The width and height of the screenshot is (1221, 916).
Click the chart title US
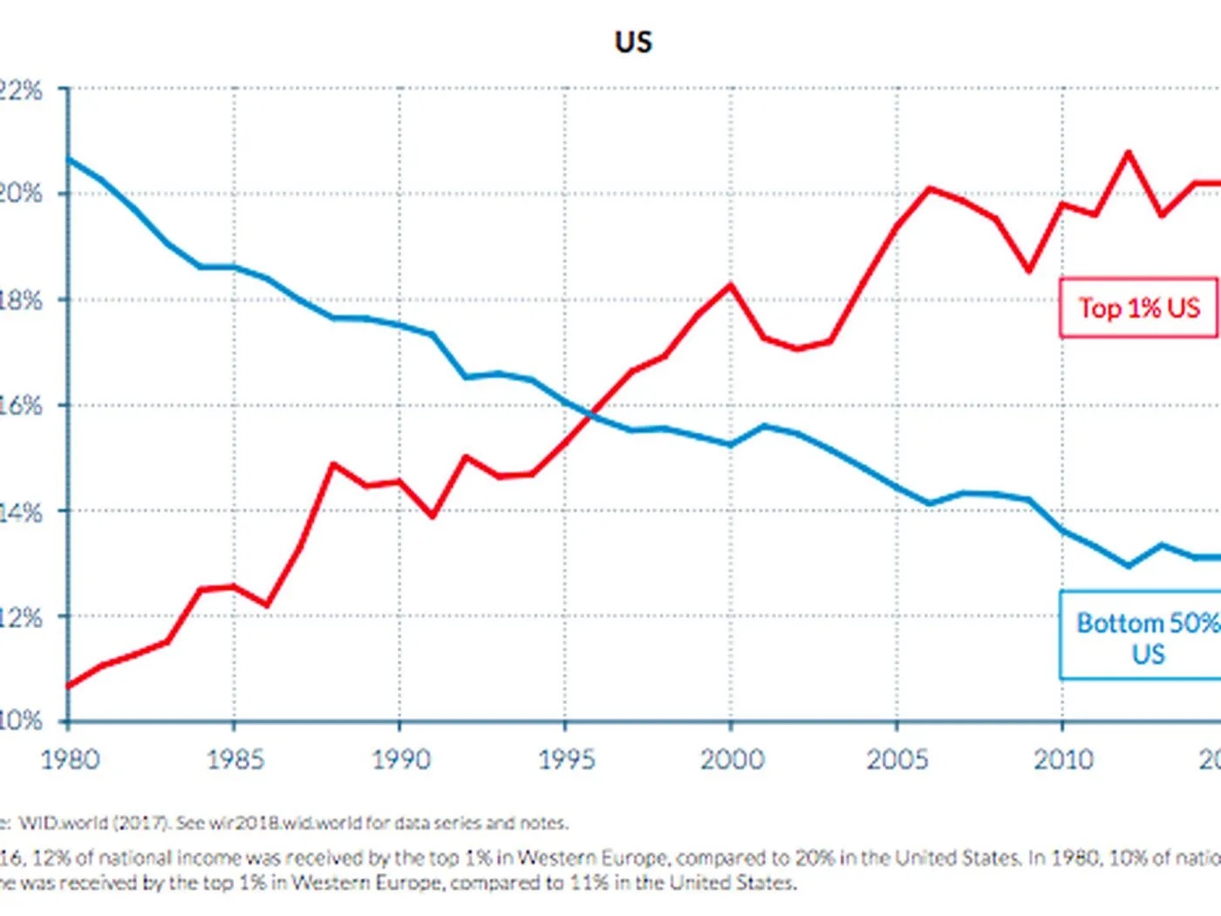tap(633, 42)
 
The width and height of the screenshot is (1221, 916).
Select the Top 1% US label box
tap(1138, 308)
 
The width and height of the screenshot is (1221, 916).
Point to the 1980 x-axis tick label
tap(71, 759)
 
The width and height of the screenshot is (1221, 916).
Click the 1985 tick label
tap(235, 759)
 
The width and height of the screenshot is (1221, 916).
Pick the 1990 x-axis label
tap(400, 759)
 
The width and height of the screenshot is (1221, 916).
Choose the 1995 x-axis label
tap(566, 759)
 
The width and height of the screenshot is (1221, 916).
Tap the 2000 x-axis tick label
tap(732, 759)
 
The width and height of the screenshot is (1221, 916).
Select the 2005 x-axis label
tap(897, 759)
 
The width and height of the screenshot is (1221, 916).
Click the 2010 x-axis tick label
tap(1063, 759)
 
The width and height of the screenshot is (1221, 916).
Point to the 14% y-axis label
tap(19, 512)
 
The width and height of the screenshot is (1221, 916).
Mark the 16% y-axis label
tap(19, 406)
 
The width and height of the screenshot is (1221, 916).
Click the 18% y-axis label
tap(19, 300)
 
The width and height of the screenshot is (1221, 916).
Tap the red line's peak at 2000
tap(731, 285)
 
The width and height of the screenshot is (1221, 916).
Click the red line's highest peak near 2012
tap(1129, 153)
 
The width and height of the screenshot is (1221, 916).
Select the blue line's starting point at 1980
tap(69, 160)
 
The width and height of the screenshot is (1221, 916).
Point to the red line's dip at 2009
tap(1030, 270)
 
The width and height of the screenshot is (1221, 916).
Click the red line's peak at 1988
tap(333, 464)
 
